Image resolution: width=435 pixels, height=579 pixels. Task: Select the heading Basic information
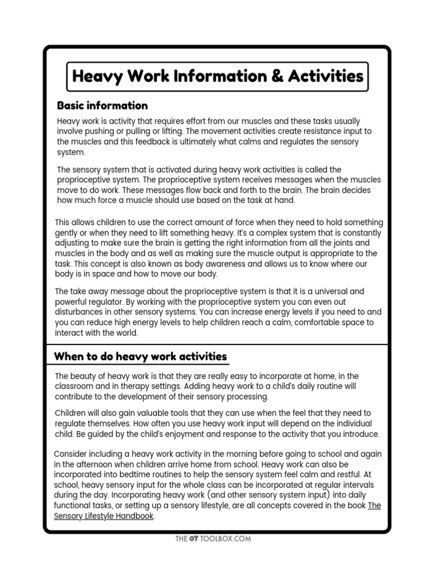pyautogui.click(x=103, y=106)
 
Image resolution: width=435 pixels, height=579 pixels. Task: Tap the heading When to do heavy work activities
pyautogui.click(x=140, y=356)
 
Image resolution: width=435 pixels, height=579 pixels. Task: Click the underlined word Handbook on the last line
pyautogui.click(x=136, y=516)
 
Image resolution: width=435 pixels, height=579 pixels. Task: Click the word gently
pyautogui.click(x=70, y=233)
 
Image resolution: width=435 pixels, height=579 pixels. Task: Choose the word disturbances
pyautogui.click(x=81, y=312)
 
